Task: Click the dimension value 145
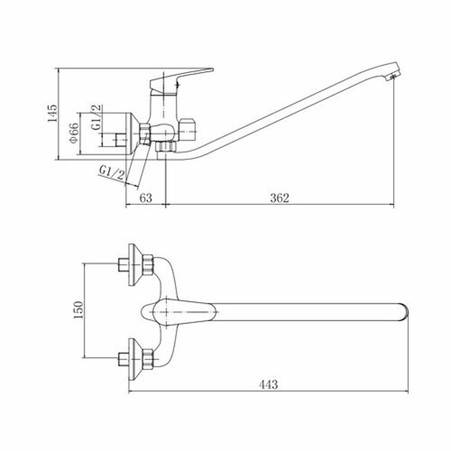52,114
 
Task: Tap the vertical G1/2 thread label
97,117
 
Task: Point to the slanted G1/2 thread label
110,172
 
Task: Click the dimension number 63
145,198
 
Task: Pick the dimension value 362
279,198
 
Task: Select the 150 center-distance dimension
78,310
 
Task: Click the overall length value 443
268,384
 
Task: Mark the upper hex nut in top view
148,263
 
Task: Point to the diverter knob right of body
189,130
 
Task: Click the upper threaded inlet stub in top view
122,263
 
